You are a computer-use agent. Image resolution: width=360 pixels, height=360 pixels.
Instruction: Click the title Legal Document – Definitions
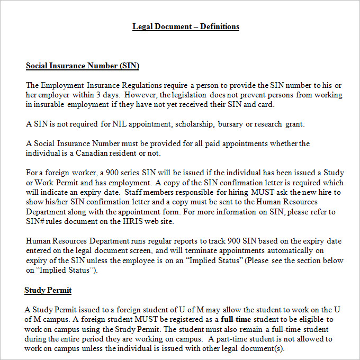186,26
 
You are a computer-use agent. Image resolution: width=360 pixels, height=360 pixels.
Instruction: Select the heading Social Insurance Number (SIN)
83,66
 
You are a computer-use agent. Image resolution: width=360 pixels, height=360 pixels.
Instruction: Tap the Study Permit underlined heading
48,290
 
